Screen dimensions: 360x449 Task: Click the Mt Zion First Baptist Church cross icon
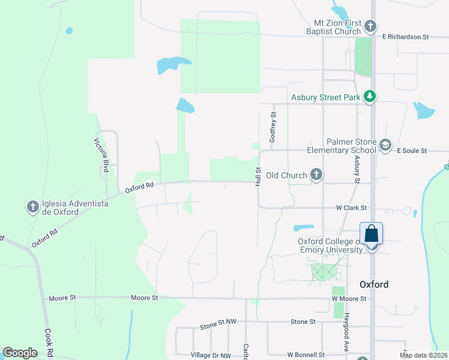370,26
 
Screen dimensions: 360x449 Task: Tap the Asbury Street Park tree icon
370,97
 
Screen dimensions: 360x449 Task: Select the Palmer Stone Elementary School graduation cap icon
385,145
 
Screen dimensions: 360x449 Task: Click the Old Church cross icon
316,175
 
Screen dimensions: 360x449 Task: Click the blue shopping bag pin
372,233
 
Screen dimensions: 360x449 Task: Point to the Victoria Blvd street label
100,155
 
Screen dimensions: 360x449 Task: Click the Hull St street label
258,176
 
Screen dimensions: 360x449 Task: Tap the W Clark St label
351,208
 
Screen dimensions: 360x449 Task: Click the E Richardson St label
406,37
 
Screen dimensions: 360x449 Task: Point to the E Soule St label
412,151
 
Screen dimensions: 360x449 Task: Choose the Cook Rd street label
49,343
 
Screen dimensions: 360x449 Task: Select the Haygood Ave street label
346,334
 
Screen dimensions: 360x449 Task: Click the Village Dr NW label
210,355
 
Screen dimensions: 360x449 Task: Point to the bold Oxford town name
374,284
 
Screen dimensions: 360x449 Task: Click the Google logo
20,353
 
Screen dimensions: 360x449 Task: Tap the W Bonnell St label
306,355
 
